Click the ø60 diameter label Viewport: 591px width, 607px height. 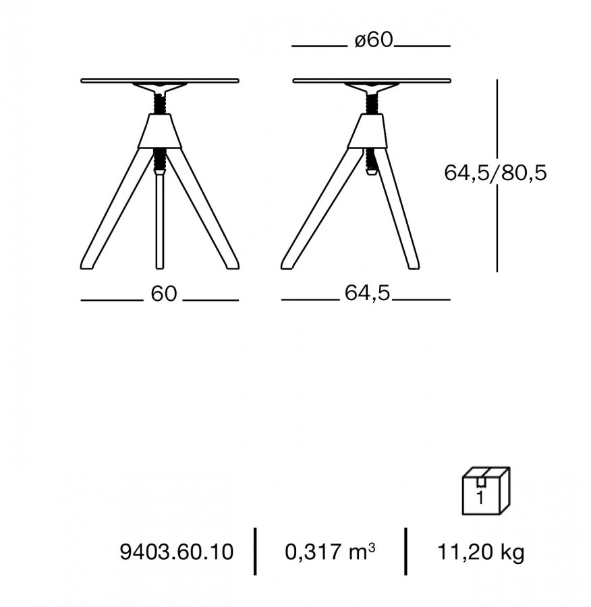[x=373, y=40]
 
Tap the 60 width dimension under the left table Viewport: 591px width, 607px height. [x=163, y=294]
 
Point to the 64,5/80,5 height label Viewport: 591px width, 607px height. [x=495, y=173]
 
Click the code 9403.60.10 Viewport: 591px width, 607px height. [x=177, y=552]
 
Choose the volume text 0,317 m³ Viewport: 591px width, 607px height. [x=330, y=551]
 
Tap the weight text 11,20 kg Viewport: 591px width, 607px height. [x=480, y=552]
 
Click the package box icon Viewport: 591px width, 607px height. [x=486, y=491]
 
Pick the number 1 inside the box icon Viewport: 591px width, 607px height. [x=480, y=498]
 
